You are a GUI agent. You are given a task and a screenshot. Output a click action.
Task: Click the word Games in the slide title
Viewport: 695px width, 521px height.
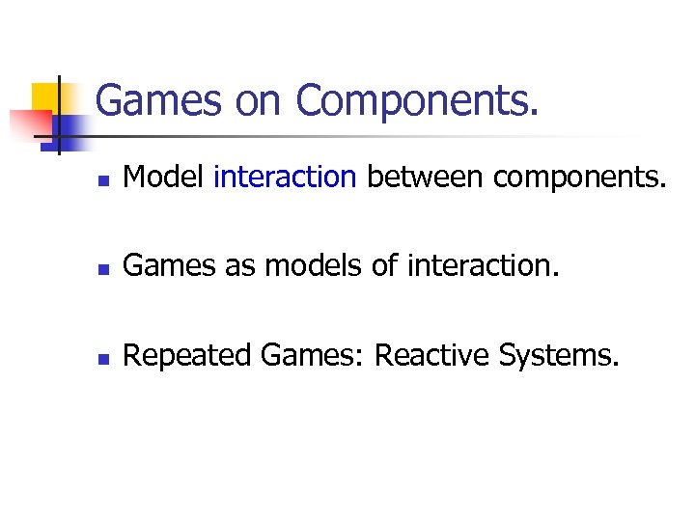coord(145,100)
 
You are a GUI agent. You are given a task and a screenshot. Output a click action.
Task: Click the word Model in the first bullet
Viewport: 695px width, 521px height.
coord(165,178)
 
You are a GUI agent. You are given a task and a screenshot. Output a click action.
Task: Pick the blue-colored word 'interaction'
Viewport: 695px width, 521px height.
coord(285,178)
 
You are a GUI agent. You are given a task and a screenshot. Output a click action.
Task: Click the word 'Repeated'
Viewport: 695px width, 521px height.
coord(189,357)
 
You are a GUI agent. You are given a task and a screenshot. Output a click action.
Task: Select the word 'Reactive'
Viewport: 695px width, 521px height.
coord(431,357)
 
